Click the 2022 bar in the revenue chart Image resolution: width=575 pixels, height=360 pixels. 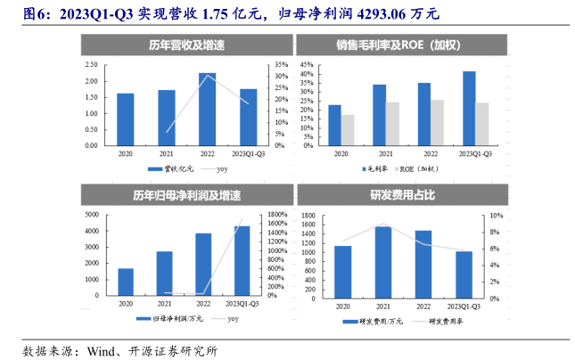click(x=207, y=109)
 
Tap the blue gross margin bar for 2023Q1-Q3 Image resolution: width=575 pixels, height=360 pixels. click(x=469, y=108)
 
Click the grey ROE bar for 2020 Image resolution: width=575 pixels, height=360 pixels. click(x=348, y=129)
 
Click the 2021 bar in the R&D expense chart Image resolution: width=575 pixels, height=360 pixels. click(x=382, y=261)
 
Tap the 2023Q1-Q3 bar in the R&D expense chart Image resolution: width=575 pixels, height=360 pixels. click(x=464, y=274)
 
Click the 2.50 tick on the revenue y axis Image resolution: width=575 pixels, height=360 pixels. click(x=91, y=65)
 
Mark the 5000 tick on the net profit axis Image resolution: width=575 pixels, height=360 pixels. click(x=92, y=215)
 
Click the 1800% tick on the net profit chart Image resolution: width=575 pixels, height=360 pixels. click(x=275, y=215)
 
